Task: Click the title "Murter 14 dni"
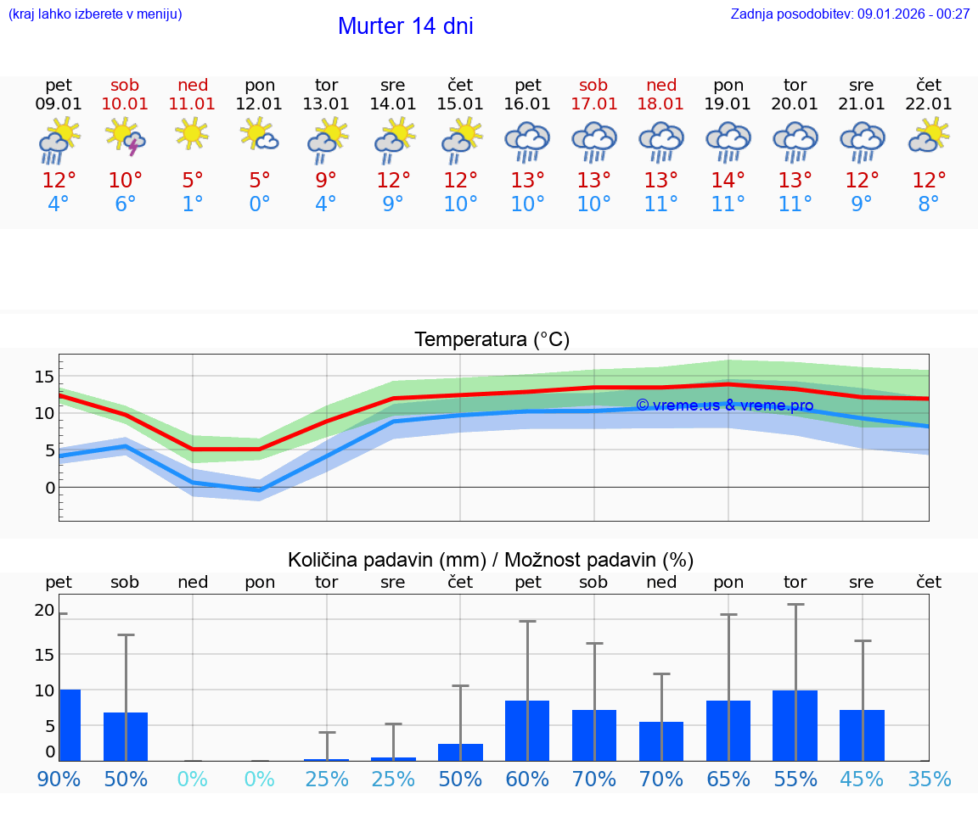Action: pos(405,26)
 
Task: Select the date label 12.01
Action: pos(259,104)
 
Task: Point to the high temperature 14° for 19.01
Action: pos(728,181)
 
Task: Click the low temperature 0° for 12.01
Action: pos(259,204)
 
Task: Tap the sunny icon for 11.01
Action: pos(192,133)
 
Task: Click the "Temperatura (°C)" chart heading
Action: pos(492,340)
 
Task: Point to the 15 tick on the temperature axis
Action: pos(44,377)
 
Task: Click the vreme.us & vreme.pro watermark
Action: pos(724,405)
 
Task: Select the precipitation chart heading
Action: pos(491,560)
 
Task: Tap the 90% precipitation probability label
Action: pos(58,779)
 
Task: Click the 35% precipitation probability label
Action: pos(929,779)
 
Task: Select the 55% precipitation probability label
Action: pos(795,779)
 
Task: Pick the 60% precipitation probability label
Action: pos(527,779)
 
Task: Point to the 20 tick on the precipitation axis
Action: pos(44,611)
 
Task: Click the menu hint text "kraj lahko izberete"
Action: pos(95,14)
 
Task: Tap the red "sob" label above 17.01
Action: pos(593,86)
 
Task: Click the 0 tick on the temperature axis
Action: pos(49,488)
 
